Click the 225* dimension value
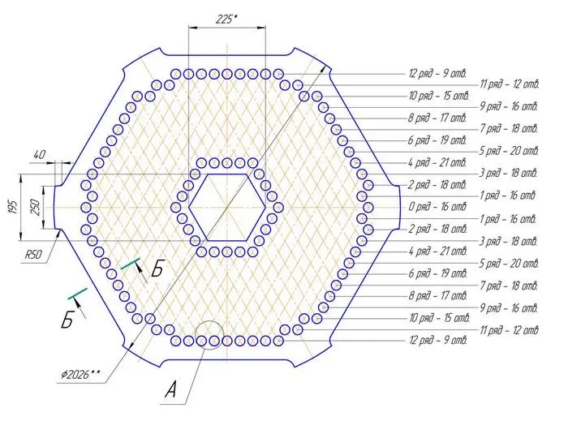coord(226,19)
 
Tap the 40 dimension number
coord(39,155)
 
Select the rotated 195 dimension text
coord(14,208)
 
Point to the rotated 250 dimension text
coord(36,208)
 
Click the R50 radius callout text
coord(33,255)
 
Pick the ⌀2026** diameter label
coord(80,374)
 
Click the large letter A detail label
coord(170,390)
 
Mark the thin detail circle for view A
coord(209,320)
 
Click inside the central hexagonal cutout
coord(226,208)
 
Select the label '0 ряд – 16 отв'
coord(437,207)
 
